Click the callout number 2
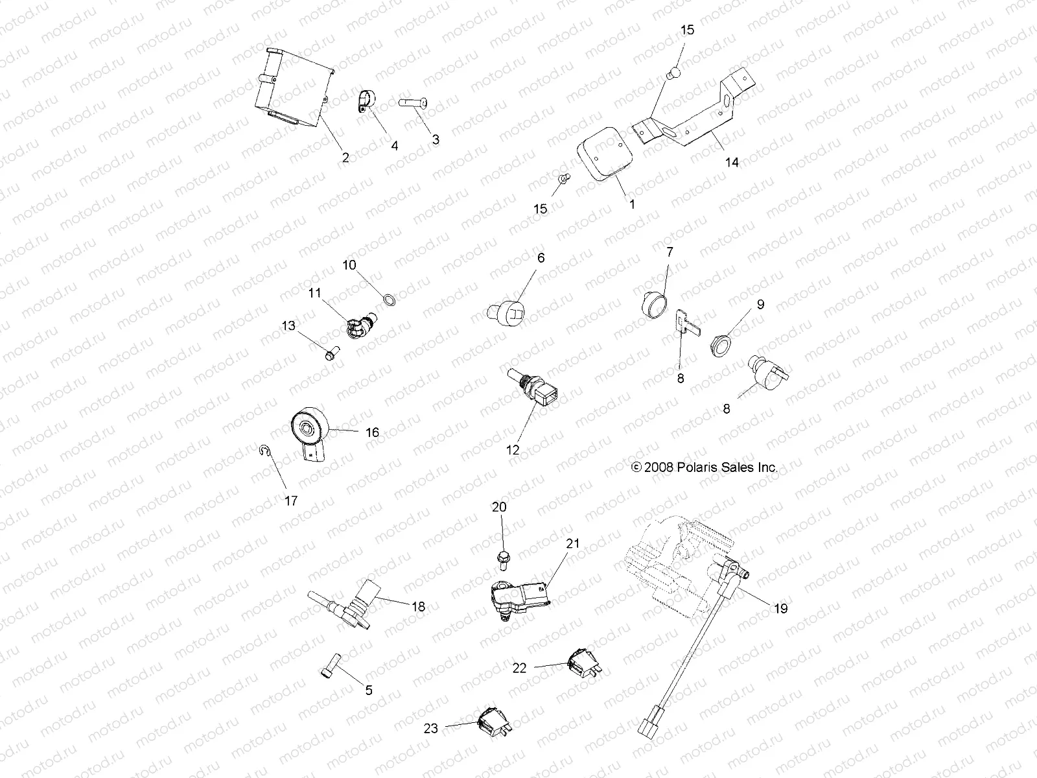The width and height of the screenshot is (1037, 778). click(x=345, y=158)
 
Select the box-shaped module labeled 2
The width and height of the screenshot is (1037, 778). click(x=292, y=88)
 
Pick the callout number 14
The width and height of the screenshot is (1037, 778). click(x=732, y=162)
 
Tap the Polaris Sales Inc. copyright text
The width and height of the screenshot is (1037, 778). click(x=704, y=467)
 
